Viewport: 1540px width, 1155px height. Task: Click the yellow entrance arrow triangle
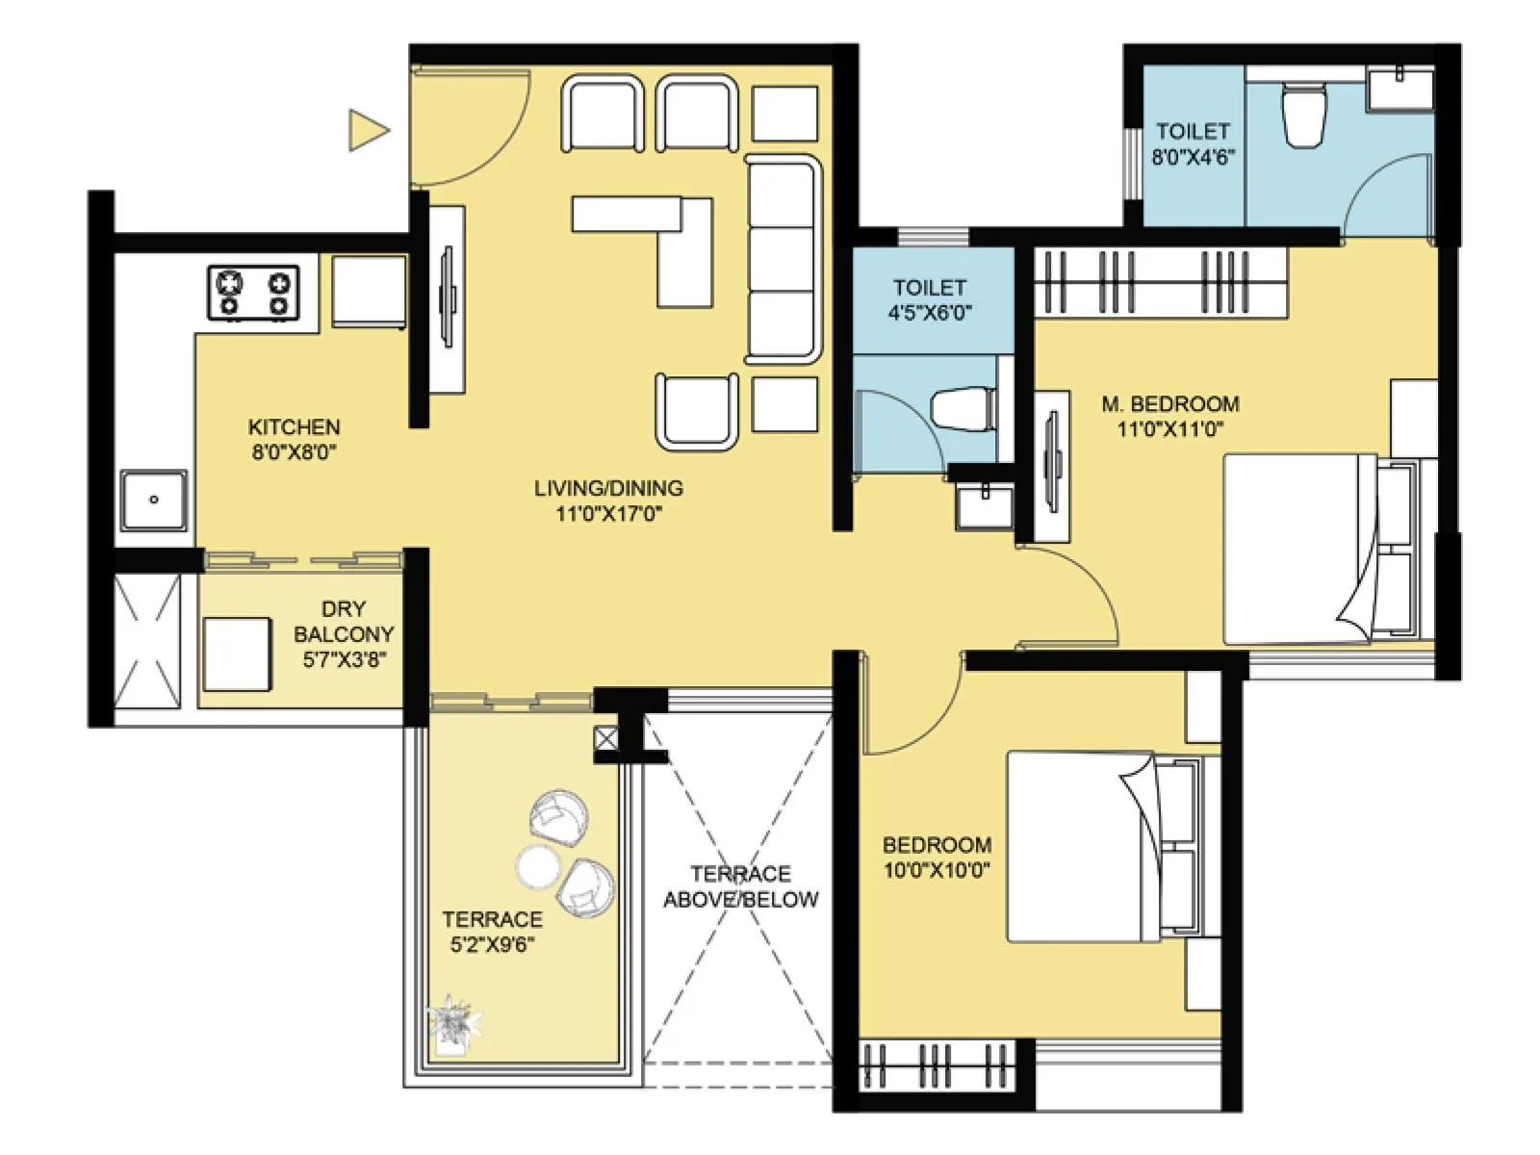point(366,130)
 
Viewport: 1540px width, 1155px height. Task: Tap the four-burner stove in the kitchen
point(253,294)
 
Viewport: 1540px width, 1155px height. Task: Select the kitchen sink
point(153,500)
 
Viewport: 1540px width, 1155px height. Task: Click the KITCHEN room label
point(294,426)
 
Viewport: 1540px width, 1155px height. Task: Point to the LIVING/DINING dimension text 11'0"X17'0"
point(608,514)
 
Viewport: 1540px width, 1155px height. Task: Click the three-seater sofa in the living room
point(783,260)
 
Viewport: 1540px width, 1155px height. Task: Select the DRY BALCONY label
point(344,622)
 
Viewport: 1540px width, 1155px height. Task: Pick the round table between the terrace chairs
point(537,866)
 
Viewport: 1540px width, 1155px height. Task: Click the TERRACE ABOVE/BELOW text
point(740,886)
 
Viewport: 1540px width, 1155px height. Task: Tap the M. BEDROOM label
point(1169,404)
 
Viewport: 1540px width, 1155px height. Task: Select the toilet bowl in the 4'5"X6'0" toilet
point(962,409)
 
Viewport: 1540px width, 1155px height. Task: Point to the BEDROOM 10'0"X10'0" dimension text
point(936,871)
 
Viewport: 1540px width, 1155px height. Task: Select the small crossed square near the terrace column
point(605,738)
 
